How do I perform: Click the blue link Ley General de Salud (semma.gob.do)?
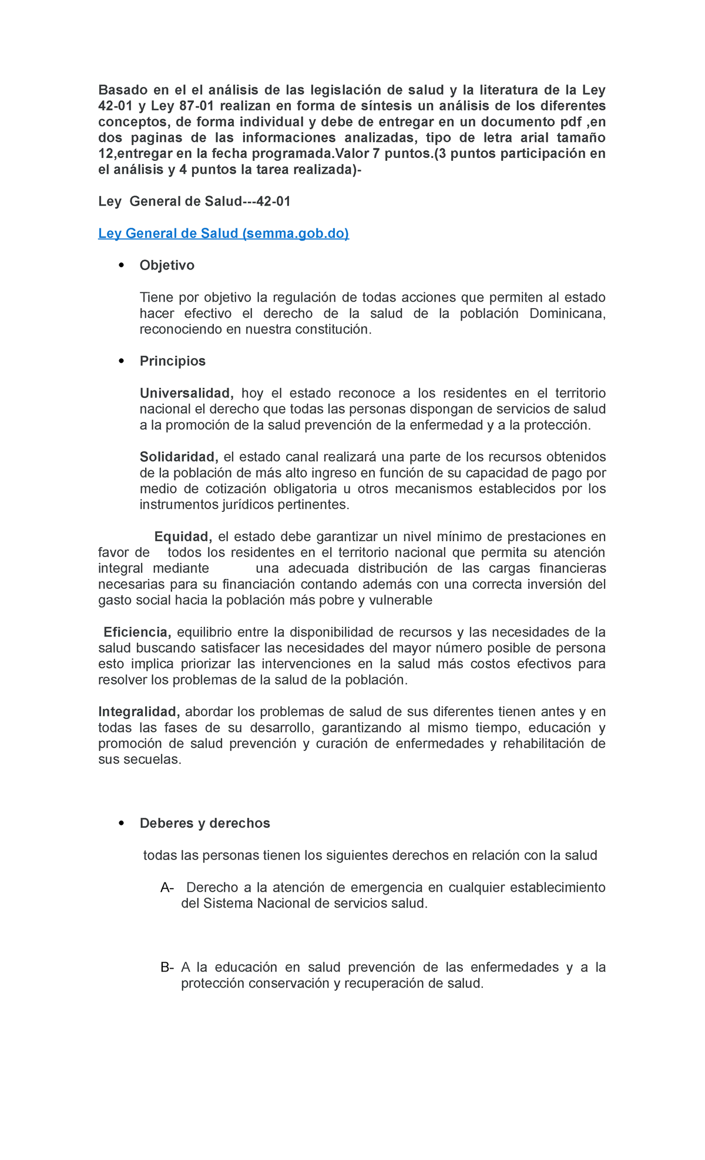223,233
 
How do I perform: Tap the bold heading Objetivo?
167,265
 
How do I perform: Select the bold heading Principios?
172,361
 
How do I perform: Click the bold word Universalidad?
186,393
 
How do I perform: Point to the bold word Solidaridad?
179,457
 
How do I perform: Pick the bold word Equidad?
183,537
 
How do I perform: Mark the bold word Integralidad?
139,711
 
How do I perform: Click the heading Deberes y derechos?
204,823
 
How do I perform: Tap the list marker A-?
167,887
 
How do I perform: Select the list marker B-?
167,967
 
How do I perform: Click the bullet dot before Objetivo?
122,265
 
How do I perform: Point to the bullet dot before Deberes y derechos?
122,823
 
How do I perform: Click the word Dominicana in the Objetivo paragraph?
566,313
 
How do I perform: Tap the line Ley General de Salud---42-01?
194,201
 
